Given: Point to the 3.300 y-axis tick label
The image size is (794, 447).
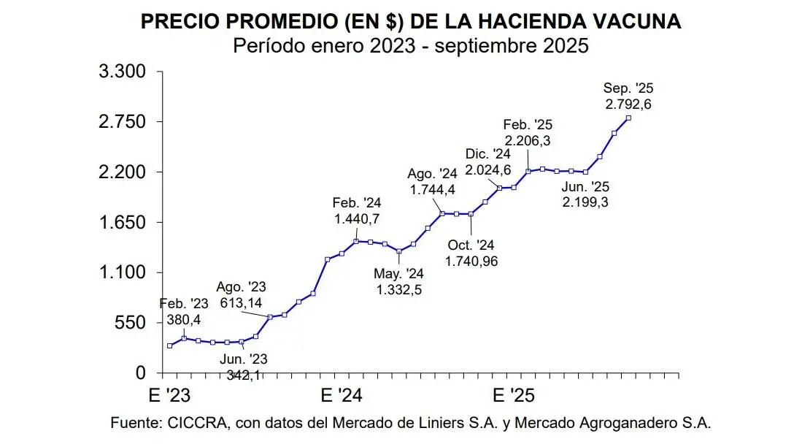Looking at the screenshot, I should click(122, 72).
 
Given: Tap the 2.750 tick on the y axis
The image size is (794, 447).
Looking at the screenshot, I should click(122, 122).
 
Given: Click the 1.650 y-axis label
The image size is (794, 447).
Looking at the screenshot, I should click(122, 222).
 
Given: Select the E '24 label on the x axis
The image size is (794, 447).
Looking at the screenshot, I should click(343, 395).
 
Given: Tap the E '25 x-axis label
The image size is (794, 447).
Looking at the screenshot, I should click(514, 395).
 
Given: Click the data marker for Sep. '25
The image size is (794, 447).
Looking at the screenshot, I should click(629, 118).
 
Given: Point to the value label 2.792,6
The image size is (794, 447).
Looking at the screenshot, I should click(628, 104).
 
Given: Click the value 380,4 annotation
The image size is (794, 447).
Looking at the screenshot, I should click(184, 318).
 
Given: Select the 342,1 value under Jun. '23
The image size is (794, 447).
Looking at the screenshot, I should click(243, 375).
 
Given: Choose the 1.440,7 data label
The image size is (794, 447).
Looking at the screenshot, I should click(357, 218).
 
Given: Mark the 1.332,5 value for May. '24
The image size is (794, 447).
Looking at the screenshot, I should click(399, 290).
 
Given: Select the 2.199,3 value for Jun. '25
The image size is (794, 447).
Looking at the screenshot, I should click(585, 202).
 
